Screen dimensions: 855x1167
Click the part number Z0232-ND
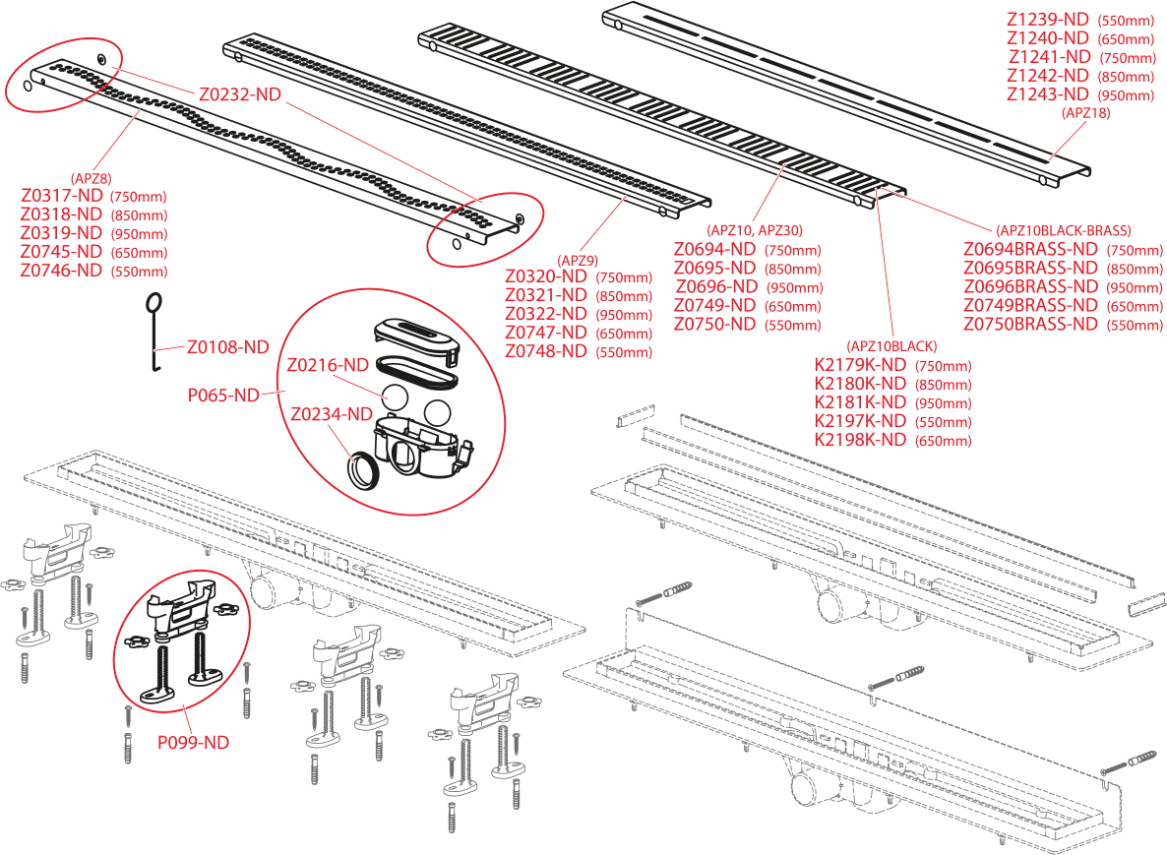[x=240, y=94]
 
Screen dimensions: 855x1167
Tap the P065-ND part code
[x=223, y=395]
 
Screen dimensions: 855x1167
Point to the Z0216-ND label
[x=327, y=364]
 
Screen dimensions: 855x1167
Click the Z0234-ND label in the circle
[x=332, y=414]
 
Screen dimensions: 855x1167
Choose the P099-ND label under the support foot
[x=194, y=743]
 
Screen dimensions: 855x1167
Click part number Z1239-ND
[x=1047, y=19]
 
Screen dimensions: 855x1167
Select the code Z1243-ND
[x=1047, y=94]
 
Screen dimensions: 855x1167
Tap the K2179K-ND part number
[x=860, y=365]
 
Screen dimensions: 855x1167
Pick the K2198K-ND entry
[x=860, y=440]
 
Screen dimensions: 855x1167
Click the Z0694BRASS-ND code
[x=1029, y=249]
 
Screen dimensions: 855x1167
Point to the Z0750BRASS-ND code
[x=1029, y=324]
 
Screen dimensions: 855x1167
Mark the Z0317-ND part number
[x=61, y=195]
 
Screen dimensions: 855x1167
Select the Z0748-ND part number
[x=546, y=351]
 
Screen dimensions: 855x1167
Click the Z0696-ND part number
[x=714, y=287]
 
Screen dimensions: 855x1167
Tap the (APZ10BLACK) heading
[x=891, y=346]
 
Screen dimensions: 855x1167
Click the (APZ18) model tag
[x=1086, y=113]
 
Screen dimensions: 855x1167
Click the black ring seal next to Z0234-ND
[x=365, y=469]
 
